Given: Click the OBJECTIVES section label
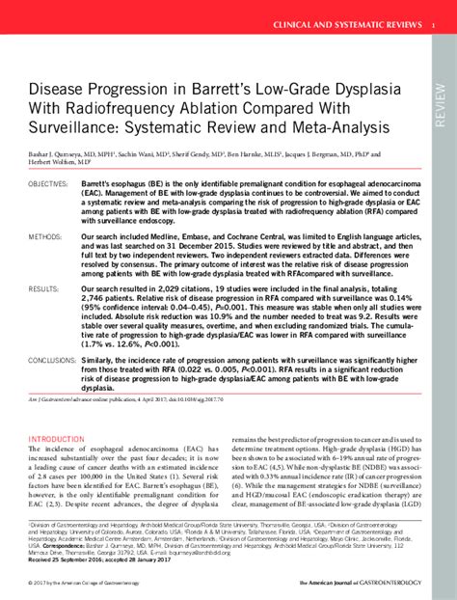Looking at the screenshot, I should pos(47,183).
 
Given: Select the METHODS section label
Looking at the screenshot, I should pos(44,234).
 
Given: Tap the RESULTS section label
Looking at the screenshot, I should pos(43,287).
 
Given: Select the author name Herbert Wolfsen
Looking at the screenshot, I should pos(56,162).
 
